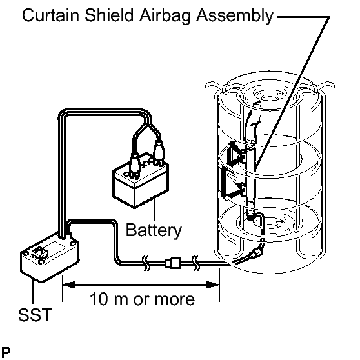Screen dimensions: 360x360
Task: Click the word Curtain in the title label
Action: (51, 15)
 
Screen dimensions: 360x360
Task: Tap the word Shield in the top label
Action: (109, 15)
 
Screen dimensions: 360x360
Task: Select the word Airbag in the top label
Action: (165, 16)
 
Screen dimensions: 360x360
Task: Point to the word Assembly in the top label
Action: (235, 16)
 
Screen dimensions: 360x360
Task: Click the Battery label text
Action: (154, 230)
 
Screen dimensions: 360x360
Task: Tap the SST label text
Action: (35, 315)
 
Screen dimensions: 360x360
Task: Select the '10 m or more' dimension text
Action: (142, 299)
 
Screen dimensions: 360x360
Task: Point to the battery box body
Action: (141, 184)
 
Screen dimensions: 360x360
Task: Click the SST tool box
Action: (50, 258)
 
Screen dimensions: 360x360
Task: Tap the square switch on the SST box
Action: (39, 253)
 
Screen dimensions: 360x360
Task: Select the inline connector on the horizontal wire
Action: (172, 263)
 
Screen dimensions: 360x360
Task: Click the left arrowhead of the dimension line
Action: (68, 285)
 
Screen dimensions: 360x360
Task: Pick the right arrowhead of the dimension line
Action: (213, 285)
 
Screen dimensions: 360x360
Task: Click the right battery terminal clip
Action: (159, 152)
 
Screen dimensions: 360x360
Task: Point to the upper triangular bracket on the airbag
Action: (235, 154)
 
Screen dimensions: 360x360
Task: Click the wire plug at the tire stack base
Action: (255, 254)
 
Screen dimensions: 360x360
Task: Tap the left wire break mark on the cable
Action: (146, 263)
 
